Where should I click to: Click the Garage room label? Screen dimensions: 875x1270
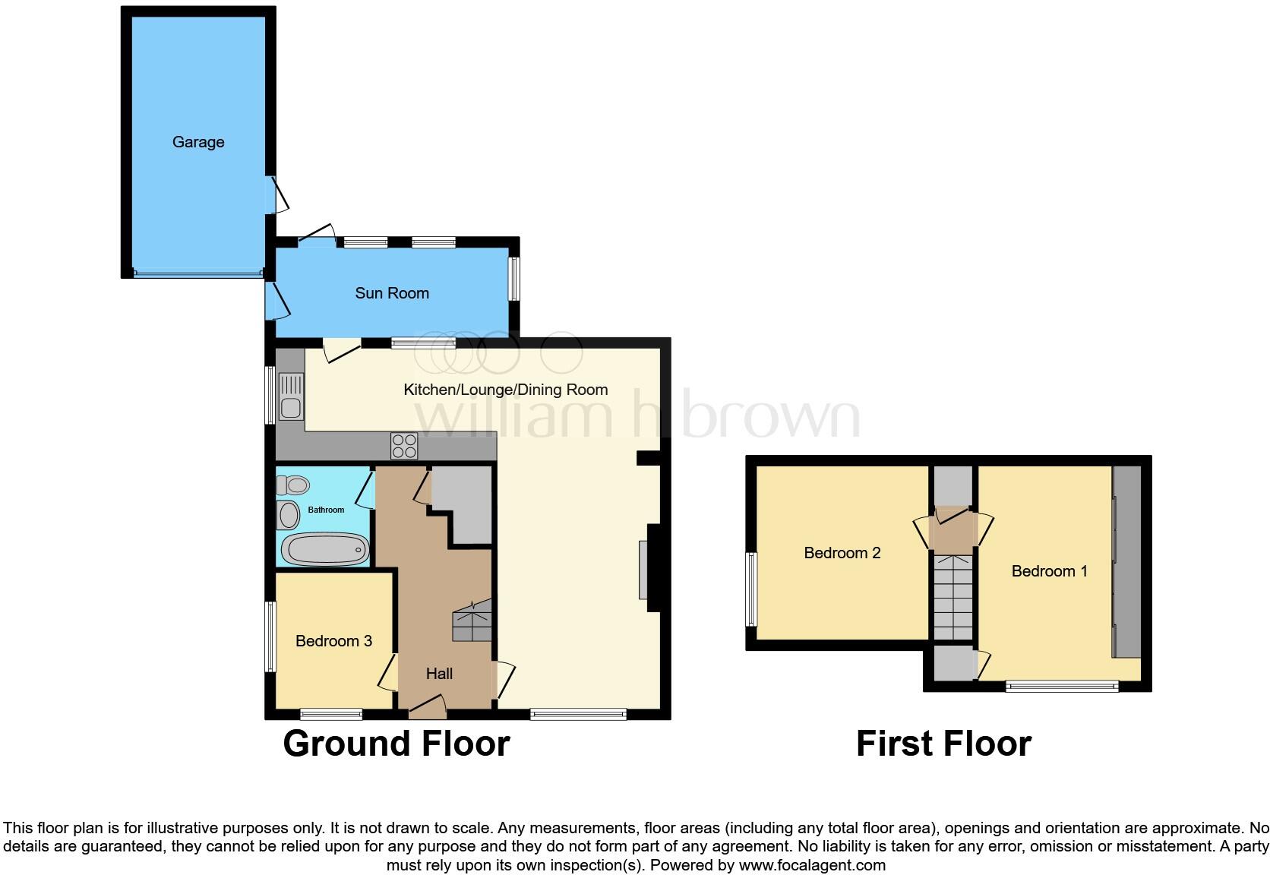[x=197, y=142]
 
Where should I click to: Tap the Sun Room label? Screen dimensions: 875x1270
[x=392, y=293]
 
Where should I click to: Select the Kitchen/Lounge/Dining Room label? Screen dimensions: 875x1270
[x=505, y=390]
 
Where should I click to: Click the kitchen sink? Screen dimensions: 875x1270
[x=291, y=396]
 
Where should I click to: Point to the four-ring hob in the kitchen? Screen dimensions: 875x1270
[x=404, y=445]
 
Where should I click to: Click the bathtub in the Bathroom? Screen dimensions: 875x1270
[x=325, y=548]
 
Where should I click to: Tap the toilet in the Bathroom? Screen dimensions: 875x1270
[x=293, y=484]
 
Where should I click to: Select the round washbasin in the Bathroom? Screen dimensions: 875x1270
[x=289, y=516]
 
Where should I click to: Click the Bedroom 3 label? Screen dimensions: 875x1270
[x=333, y=641]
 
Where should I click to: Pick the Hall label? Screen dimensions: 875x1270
[x=439, y=674]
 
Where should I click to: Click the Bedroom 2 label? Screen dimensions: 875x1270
[x=842, y=553]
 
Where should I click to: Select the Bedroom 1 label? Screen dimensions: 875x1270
[x=1049, y=571]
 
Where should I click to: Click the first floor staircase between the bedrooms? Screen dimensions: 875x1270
[x=953, y=597]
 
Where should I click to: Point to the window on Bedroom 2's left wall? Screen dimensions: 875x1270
[x=752, y=589]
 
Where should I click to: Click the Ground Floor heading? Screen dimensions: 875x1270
[x=396, y=744]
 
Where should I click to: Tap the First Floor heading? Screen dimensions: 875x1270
[x=943, y=744]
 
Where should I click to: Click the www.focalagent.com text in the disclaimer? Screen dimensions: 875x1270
[x=810, y=864]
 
